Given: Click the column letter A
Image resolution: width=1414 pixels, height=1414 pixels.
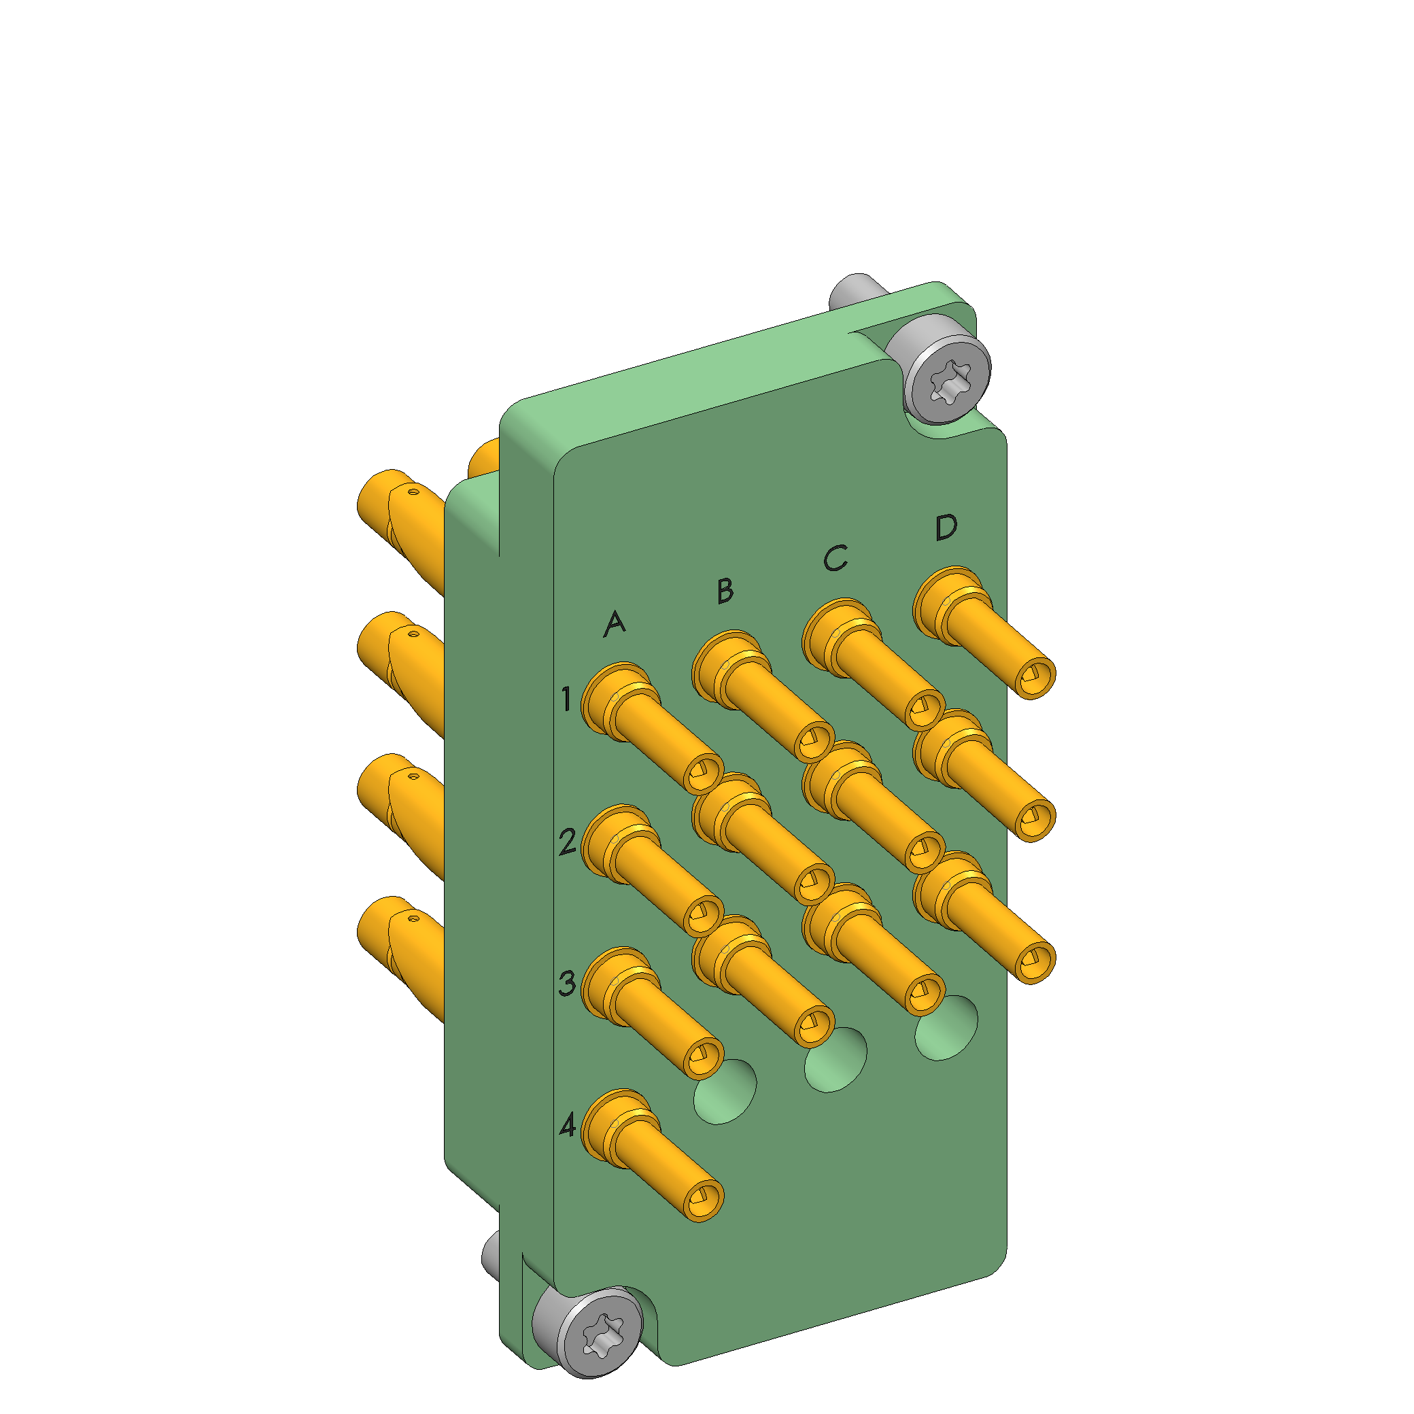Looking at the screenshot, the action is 615,623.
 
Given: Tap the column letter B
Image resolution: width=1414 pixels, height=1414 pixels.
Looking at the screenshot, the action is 725,591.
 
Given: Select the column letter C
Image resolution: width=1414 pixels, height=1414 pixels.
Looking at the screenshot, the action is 835,557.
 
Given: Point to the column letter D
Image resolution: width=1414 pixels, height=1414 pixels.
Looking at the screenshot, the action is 946,527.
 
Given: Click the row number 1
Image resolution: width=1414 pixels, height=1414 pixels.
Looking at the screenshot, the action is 566,699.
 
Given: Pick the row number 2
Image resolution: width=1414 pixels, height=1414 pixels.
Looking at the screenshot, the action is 567,842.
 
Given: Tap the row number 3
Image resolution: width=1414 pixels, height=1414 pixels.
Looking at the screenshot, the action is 567,984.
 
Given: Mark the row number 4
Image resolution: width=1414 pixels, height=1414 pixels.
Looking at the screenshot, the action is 568,1126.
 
